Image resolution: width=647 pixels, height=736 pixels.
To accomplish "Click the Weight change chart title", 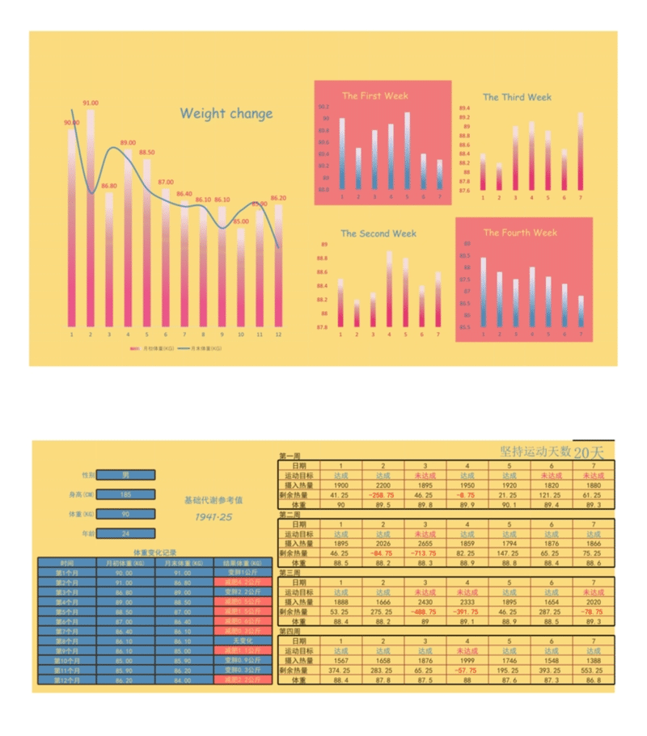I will click(226, 114).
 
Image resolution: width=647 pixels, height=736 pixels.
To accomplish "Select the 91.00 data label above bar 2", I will click(91, 103).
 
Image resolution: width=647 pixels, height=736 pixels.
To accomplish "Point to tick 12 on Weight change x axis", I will click(278, 334).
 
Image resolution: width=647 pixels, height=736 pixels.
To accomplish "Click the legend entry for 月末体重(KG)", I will click(205, 348).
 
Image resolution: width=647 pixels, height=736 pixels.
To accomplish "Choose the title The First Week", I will click(374, 96).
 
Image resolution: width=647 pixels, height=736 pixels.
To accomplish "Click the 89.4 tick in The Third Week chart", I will click(464, 107).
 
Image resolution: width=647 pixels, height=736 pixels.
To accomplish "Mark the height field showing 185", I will click(125, 494).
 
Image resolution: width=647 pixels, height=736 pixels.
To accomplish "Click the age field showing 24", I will click(125, 533).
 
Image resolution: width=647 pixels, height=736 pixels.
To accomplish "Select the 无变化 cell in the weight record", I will click(240, 641).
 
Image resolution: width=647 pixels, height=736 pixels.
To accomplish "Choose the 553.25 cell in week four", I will click(593, 670).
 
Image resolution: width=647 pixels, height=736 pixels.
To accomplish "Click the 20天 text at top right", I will click(590, 452).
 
